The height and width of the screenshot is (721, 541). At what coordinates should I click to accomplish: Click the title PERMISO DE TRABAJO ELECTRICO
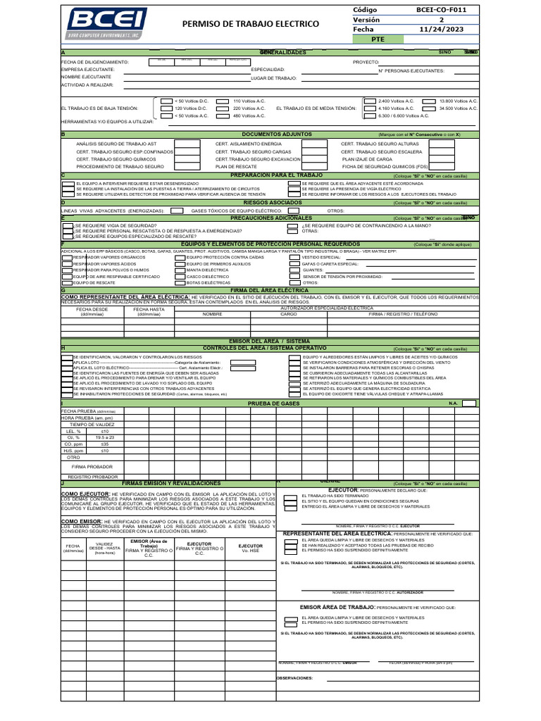(x=250, y=25)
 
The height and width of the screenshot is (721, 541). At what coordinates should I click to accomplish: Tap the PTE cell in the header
(x=378, y=40)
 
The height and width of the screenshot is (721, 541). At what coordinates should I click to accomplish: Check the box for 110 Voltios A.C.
(x=223, y=101)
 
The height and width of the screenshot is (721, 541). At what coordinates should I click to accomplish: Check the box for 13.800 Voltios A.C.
(x=428, y=101)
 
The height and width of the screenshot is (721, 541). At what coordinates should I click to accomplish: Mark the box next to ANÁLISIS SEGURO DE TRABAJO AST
(x=186, y=143)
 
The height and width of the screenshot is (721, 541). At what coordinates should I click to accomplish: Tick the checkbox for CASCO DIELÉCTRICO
(x=180, y=276)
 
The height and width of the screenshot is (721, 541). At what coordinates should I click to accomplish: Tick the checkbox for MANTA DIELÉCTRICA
(x=180, y=270)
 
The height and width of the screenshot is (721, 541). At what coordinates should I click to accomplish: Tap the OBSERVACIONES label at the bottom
(x=294, y=679)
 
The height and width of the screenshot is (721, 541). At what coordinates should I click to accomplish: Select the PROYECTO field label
(x=366, y=62)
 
